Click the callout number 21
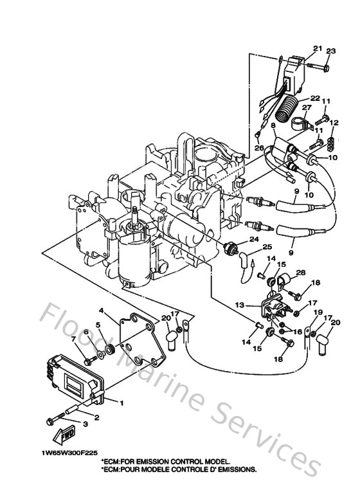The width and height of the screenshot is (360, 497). tap(317, 48)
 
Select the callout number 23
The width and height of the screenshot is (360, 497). tap(330, 51)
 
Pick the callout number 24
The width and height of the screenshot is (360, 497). tap(253, 239)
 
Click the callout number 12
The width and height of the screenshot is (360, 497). tap(334, 123)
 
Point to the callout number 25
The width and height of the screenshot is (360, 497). tap(267, 247)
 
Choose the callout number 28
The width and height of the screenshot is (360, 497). tap(302, 273)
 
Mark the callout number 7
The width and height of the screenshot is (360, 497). tap(73, 338)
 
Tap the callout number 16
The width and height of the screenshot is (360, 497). tap(297, 332)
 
